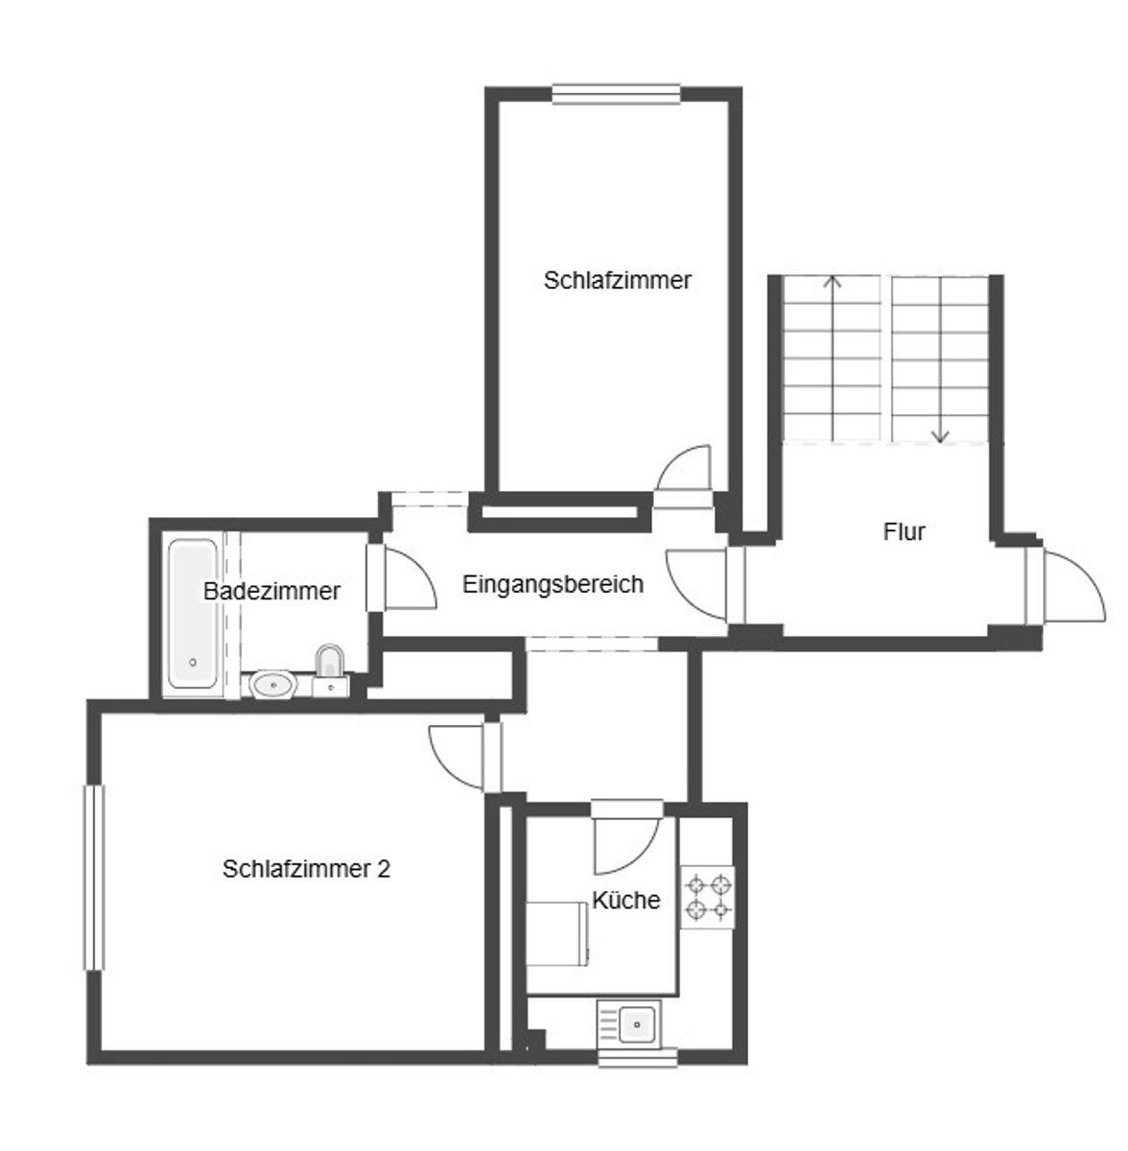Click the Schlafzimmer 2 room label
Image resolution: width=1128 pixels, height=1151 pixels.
306,868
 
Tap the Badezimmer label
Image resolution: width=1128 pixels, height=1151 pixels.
271,591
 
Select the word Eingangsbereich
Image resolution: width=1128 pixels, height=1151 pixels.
552,583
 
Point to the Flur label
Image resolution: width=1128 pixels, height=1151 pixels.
904,531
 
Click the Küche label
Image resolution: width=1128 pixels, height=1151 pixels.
625,900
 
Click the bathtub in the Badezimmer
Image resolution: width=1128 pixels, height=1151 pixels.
193,614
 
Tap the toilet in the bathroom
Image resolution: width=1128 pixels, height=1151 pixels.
330,669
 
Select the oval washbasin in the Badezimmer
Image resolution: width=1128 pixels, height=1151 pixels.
273,685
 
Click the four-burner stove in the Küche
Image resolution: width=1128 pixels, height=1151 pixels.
708,897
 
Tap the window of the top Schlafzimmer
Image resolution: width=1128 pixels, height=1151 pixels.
616,94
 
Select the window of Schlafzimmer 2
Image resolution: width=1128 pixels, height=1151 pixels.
94,877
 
